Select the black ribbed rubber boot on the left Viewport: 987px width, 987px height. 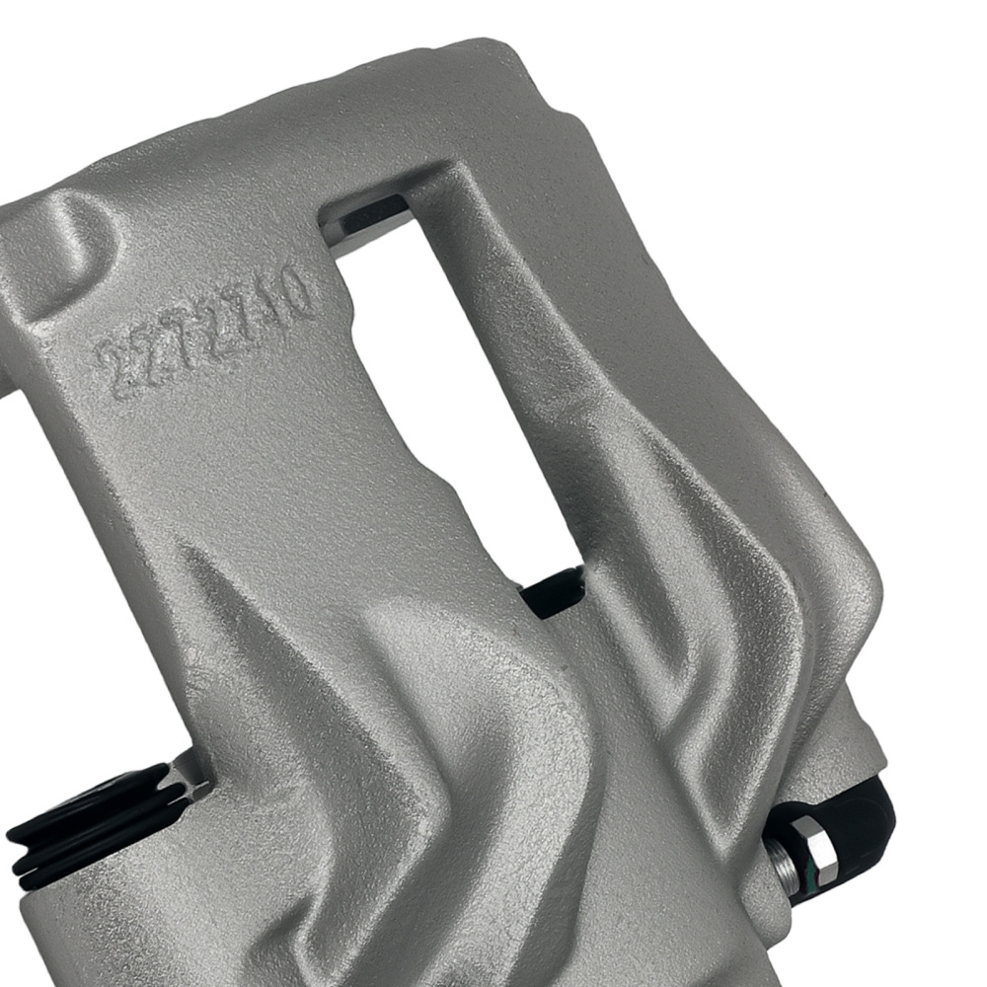89,819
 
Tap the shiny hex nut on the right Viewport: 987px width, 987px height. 809,839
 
